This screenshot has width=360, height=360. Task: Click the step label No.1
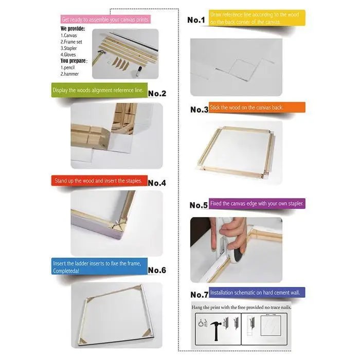196,20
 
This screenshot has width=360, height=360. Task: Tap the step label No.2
157,94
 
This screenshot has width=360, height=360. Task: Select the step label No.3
200,110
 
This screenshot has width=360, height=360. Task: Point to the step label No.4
157,183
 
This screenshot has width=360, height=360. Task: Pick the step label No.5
199,205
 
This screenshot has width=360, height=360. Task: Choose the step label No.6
157,270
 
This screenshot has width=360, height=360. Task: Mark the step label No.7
200,295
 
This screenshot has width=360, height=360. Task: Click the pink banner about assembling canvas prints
105,20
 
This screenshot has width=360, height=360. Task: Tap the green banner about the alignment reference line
99,90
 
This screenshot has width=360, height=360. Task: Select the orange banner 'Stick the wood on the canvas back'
257,107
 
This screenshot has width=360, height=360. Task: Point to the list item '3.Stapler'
68,48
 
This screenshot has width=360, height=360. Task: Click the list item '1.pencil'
67,67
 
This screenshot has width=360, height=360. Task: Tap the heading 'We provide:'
73,29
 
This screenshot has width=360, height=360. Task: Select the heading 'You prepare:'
74,61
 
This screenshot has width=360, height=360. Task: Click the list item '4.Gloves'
68,55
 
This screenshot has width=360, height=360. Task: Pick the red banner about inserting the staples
99,181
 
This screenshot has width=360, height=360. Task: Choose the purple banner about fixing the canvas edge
257,204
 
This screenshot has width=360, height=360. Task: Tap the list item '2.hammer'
69,74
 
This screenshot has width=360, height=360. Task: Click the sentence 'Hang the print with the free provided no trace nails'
241,307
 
